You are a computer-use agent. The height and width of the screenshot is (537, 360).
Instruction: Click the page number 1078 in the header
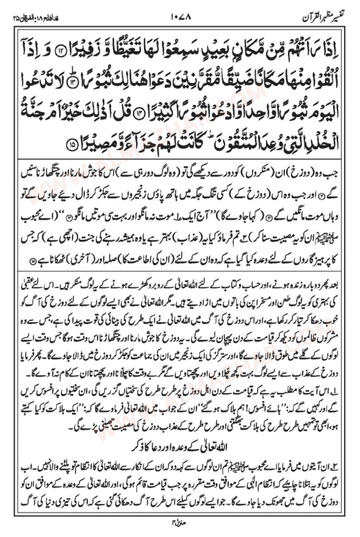[180, 17]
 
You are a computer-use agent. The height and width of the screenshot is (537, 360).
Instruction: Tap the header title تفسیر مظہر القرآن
[322, 17]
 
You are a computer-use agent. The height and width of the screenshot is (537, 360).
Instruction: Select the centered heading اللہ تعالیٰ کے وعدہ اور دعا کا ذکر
[180, 448]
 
